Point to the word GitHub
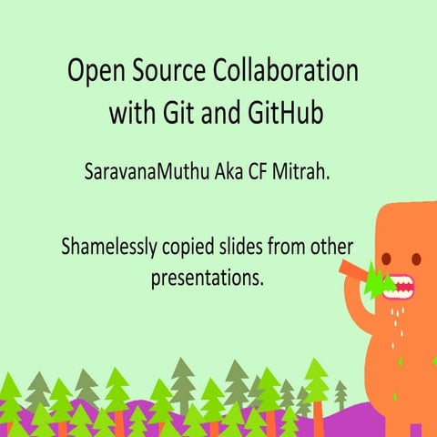[x=287, y=116]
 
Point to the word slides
[x=250, y=247]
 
